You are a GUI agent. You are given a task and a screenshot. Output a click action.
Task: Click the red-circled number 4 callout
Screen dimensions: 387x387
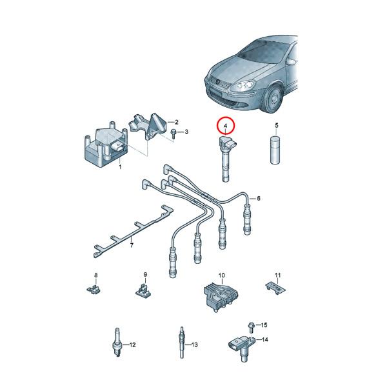point(226,125)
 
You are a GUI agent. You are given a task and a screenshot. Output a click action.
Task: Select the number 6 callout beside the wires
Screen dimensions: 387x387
point(259,198)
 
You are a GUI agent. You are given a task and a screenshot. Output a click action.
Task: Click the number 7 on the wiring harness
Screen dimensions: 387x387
point(132,244)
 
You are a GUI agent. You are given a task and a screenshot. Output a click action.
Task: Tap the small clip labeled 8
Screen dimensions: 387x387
point(95,288)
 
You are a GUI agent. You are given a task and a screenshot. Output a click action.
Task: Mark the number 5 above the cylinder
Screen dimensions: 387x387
point(277,125)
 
